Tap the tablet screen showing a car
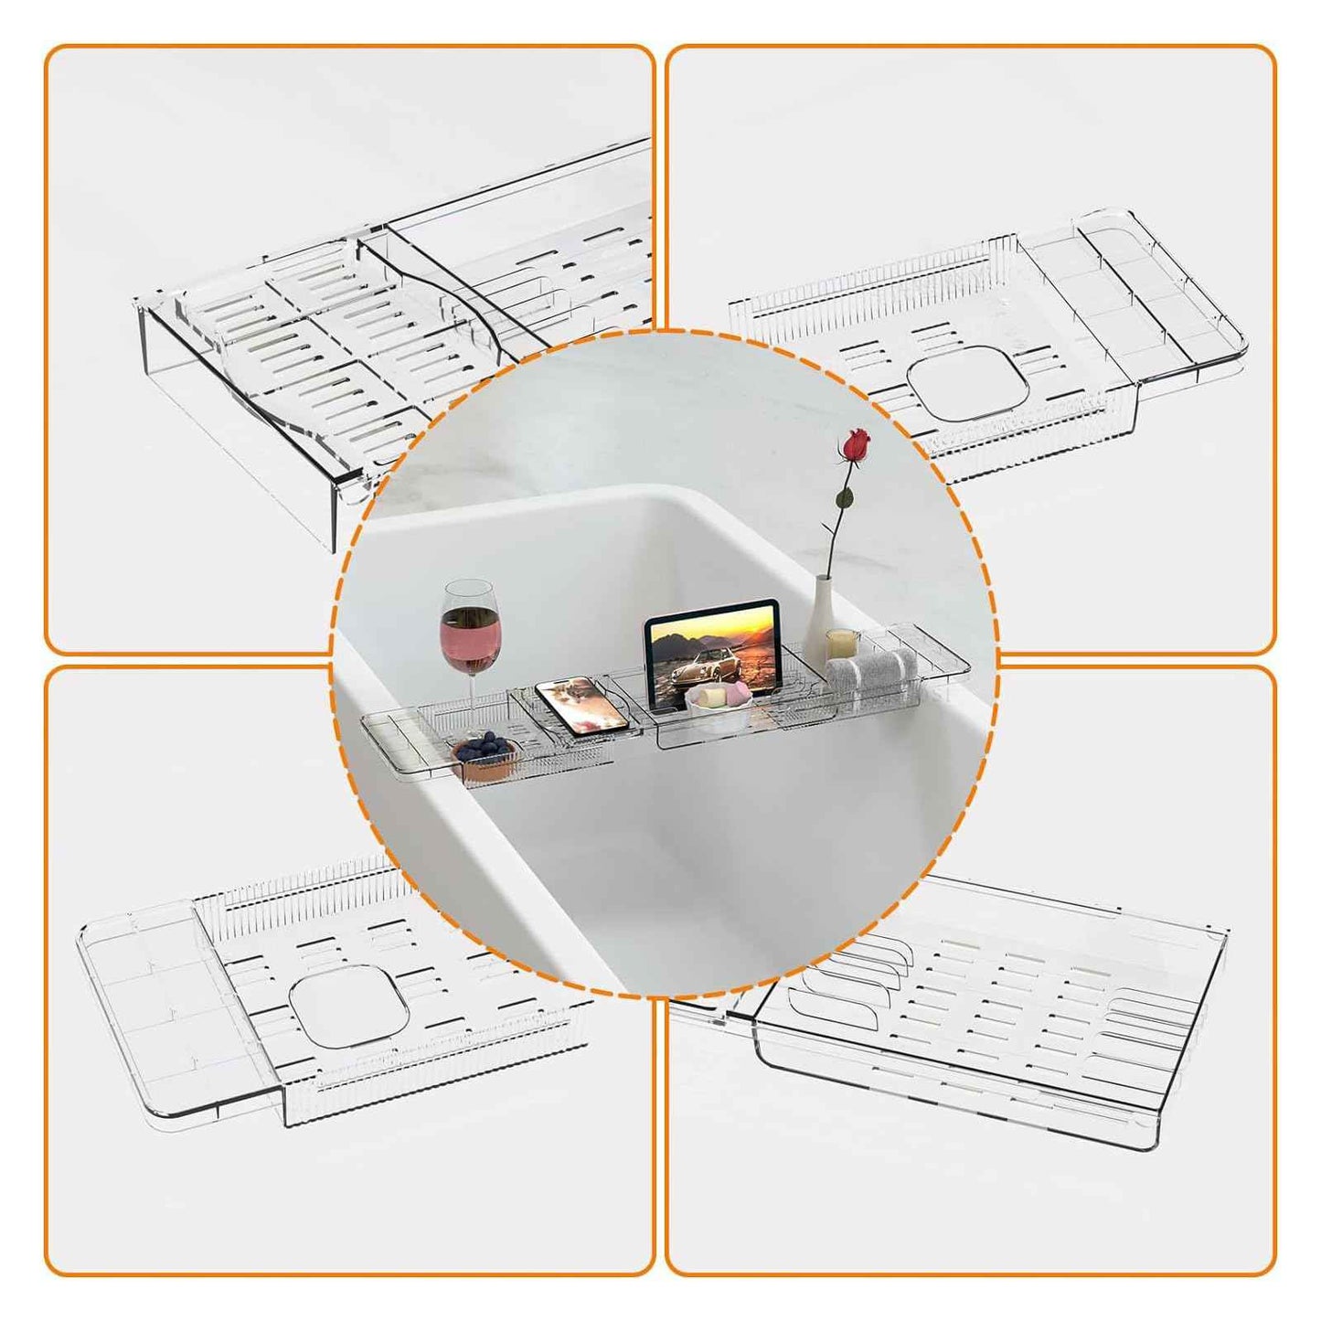711,651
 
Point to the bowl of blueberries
484,753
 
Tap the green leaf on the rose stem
846,499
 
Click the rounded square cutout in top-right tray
971,385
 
